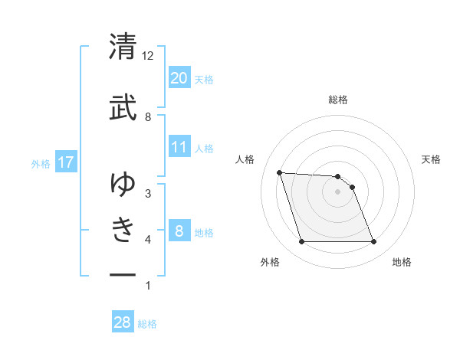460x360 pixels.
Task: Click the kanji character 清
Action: click(x=123, y=47)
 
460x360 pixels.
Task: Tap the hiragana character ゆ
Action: click(x=123, y=184)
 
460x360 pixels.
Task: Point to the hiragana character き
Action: click(x=123, y=228)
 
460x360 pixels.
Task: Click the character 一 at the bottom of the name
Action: click(x=123, y=273)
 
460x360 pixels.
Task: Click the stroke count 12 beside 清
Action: click(x=148, y=56)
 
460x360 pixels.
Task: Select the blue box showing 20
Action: click(x=179, y=78)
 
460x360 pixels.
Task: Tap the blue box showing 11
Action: click(x=179, y=147)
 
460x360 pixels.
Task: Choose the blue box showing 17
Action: click(x=65, y=162)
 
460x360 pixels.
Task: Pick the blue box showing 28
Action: click(x=123, y=322)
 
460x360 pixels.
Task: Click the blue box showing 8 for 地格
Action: click(x=179, y=231)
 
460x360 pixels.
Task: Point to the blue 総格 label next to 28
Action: click(x=147, y=324)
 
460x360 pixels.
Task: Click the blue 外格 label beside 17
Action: click(x=41, y=163)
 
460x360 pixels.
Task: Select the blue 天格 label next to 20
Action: click(x=204, y=79)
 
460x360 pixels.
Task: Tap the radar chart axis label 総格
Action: click(x=338, y=100)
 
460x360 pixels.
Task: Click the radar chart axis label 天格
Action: click(x=432, y=159)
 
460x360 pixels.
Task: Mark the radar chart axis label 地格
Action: click(x=402, y=263)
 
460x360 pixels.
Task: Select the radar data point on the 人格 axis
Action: click(x=280, y=172)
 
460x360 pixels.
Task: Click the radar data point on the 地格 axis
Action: click(x=373, y=242)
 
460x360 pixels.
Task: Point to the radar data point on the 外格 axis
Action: click(x=301, y=242)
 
